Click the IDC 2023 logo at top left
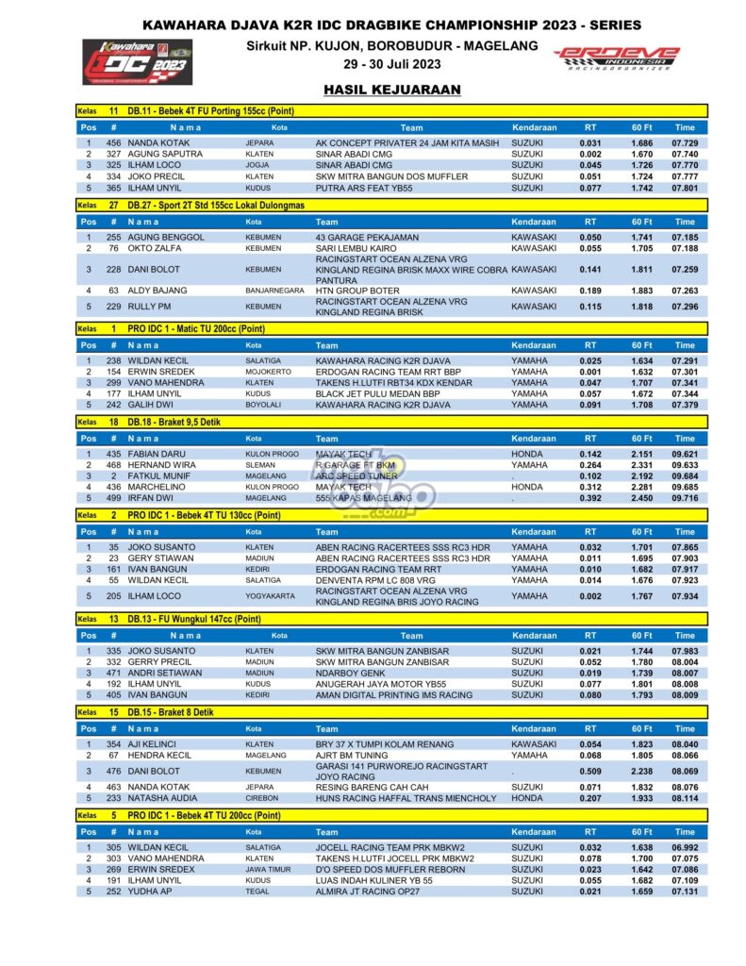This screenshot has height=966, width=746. pyautogui.click(x=137, y=61)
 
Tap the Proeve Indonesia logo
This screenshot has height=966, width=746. pyautogui.click(x=615, y=58)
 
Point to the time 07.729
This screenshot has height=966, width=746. pyautogui.click(x=684, y=142)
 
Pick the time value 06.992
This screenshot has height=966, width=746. pyautogui.click(x=684, y=847)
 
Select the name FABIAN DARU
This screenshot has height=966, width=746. pyautogui.click(x=155, y=454)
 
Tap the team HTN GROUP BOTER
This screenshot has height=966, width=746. pyautogui.click(x=357, y=291)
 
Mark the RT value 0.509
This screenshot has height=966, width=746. pyautogui.click(x=590, y=771)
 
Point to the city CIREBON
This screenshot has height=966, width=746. pyautogui.click(x=261, y=798)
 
